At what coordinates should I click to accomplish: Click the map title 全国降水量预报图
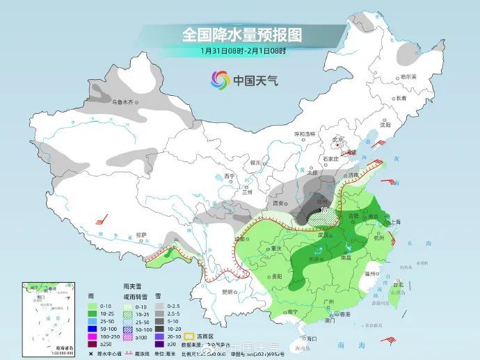(x=243, y=34)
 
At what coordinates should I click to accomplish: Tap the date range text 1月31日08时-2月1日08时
(x=243, y=51)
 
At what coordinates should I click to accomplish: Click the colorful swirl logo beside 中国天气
(x=220, y=81)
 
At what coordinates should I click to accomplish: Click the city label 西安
(x=281, y=203)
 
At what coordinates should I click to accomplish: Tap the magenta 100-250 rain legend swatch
(x=93, y=335)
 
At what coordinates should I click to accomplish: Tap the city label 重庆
(x=279, y=248)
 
